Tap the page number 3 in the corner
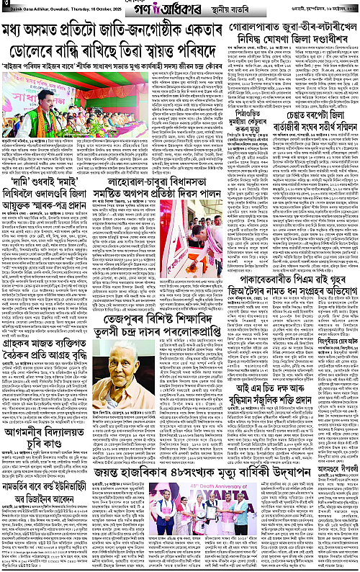click(5, 6)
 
